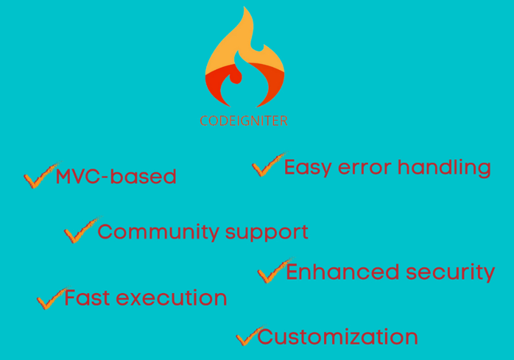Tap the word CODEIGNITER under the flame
[244, 121]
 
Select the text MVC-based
[116, 177]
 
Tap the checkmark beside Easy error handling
[269, 165]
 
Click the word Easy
[308, 168]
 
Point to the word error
[365, 168]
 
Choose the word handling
[444, 168]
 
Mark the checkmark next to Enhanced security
[274, 271]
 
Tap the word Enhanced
[342, 272]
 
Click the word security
[451, 273]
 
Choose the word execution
[172, 298]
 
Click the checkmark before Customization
[250, 336]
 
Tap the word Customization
[338, 337]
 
